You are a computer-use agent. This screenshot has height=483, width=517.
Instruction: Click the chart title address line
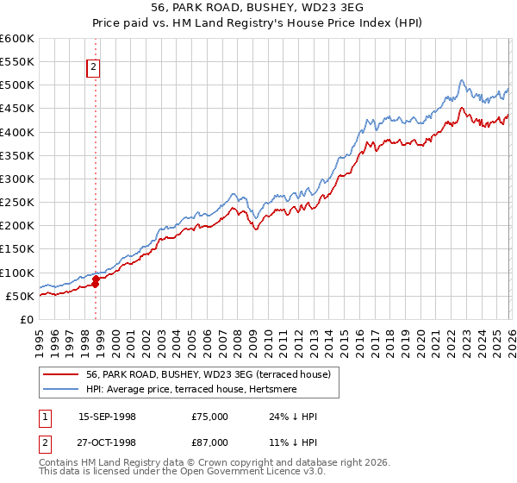coord(258,9)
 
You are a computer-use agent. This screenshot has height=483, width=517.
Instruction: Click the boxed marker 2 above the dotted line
coord(93,68)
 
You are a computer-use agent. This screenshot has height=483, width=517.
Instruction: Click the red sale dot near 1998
coord(96,279)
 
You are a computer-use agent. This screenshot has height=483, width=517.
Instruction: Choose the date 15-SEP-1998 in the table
coord(107,417)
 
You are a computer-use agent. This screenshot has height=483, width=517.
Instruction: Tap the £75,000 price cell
coord(210,417)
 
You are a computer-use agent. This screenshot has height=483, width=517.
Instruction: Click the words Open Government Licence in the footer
coord(257,473)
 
